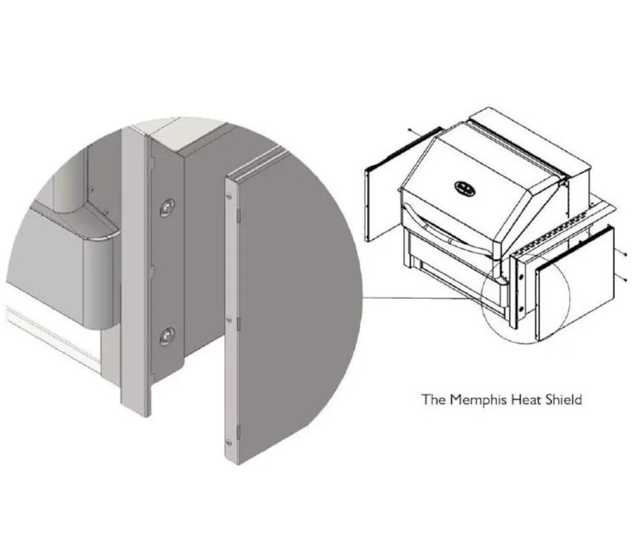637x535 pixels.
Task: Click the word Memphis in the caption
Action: click(x=478, y=400)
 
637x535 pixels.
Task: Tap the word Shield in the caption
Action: click(x=563, y=399)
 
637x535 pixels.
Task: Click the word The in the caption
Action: click(x=434, y=399)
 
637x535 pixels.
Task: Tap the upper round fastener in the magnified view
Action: click(x=167, y=208)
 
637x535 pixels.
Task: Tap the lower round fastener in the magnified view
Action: click(x=167, y=336)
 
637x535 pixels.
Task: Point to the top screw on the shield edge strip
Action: click(x=229, y=197)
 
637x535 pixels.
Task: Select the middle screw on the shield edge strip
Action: click(x=229, y=320)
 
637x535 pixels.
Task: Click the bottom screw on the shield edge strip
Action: click(x=229, y=442)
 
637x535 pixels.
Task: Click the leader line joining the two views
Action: click(x=422, y=298)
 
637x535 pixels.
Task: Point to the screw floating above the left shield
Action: click(x=410, y=131)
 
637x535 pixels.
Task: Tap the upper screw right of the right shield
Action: click(x=625, y=255)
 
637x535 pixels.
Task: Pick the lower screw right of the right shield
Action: click(x=625, y=279)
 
